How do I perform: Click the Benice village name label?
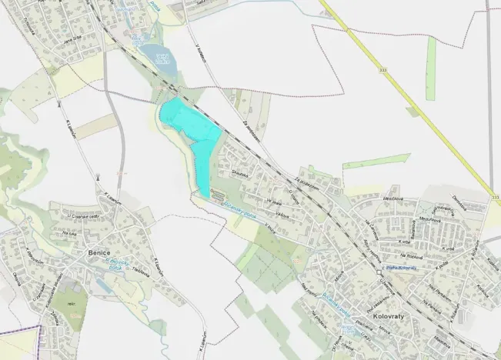(x=98, y=252)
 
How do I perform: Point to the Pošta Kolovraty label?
(x=400, y=268)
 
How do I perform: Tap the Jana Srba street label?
(x=73, y=40)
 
